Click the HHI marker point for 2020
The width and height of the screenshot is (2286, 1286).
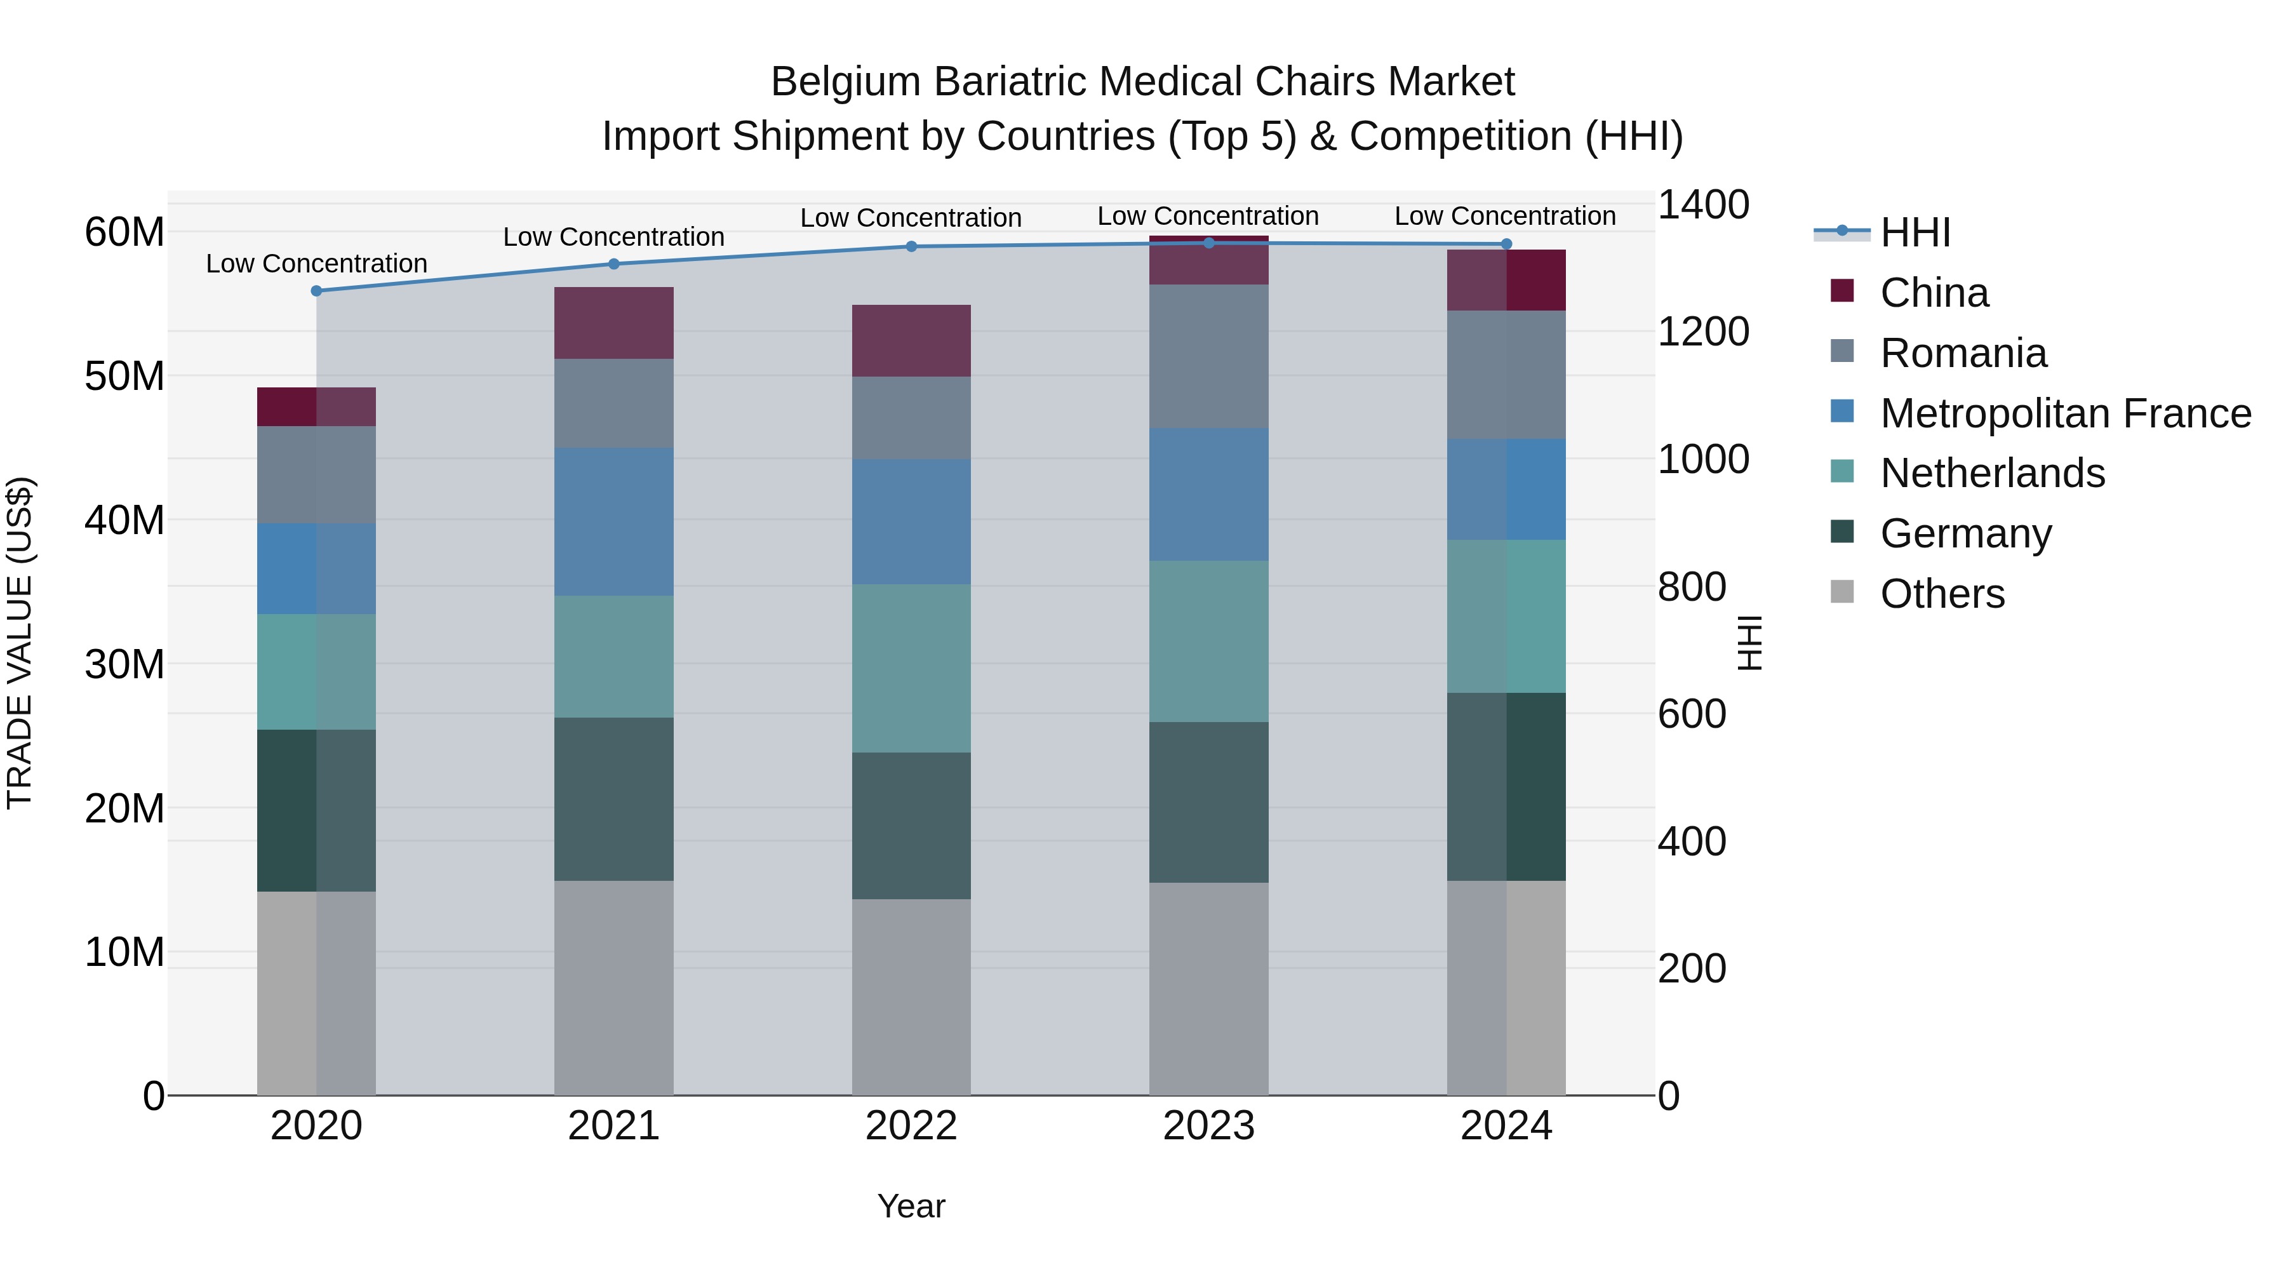316,291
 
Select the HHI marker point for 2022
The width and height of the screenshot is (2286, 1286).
911,247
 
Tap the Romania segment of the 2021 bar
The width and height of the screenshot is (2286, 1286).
613,404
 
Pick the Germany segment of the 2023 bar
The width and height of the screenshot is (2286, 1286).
1208,802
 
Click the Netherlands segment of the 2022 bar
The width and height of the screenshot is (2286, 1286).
911,668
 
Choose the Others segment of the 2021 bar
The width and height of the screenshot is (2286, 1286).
613,988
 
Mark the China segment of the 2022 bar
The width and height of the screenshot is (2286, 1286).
911,341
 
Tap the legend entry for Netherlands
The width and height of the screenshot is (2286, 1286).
1992,473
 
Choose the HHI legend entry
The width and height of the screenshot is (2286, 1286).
1915,232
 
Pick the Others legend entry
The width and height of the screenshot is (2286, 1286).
1942,594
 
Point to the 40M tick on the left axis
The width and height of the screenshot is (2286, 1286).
124,520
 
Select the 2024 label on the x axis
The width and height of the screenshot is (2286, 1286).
1506,1126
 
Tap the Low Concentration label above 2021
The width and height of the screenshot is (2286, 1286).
613,237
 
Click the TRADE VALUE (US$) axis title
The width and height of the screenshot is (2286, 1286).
20,643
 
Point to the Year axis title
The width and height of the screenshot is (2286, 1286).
911,1206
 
